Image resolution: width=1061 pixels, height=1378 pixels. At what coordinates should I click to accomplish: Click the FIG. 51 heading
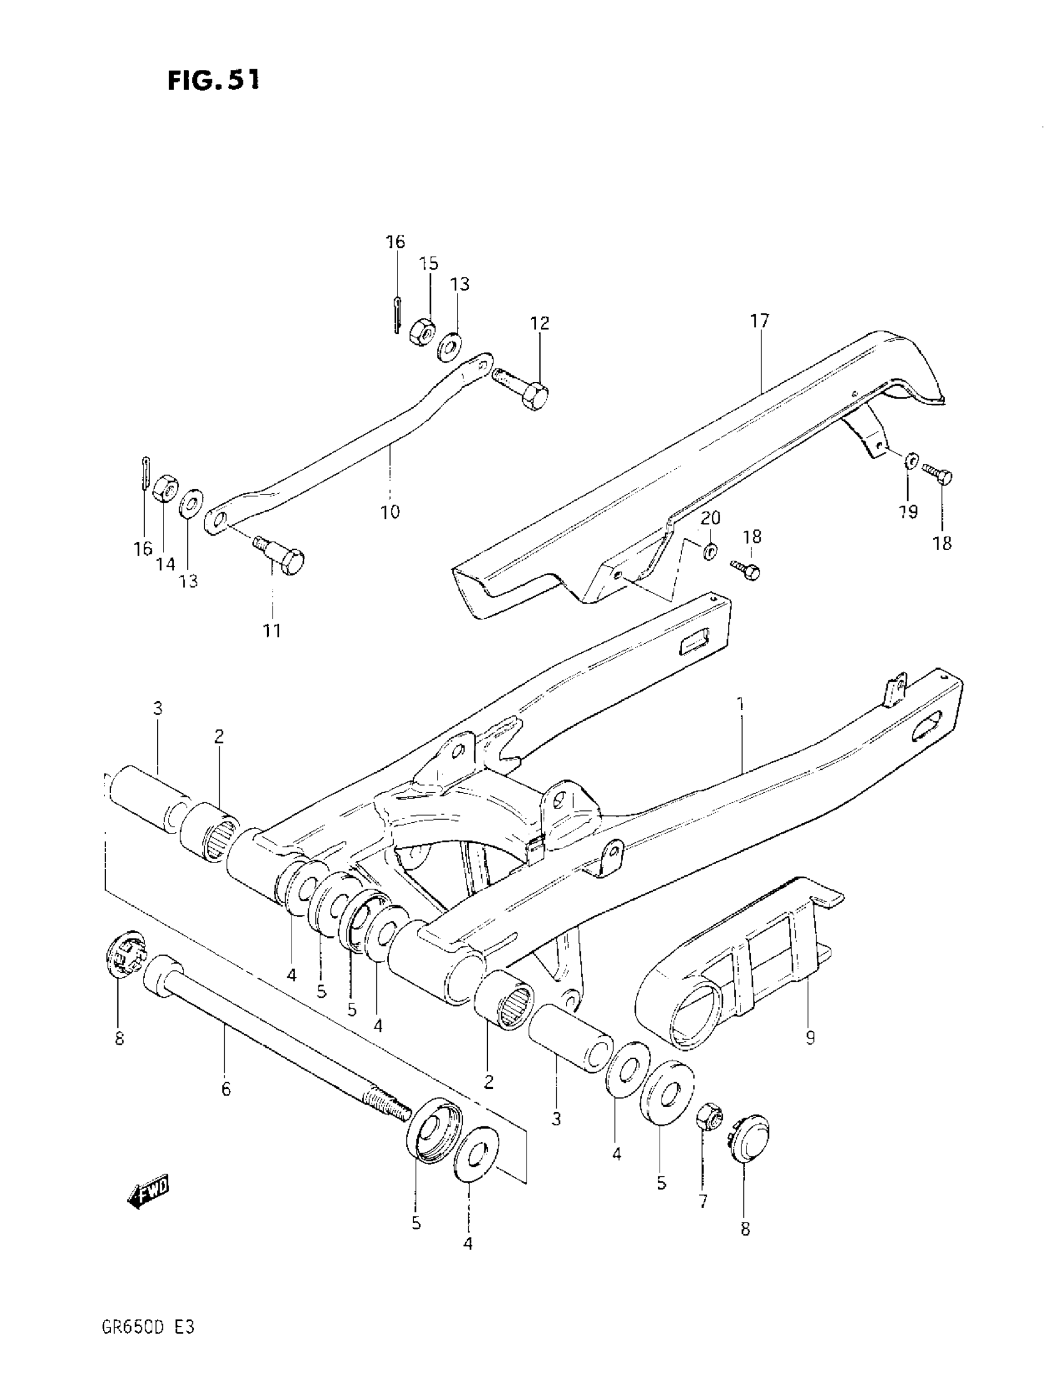(213, 80)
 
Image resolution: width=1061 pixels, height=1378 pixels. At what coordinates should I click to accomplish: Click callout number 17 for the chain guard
(760, 321)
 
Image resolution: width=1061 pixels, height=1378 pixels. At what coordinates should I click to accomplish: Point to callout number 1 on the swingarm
(741, 704)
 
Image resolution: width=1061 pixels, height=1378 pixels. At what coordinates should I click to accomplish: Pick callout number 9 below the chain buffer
(810, 1036)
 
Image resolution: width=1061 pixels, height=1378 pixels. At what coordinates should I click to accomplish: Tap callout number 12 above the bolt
(539, 323)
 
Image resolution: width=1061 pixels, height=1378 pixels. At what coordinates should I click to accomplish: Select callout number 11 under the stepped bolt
(272, 631)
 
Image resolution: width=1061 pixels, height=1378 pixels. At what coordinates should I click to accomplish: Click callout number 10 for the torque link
(390, 511)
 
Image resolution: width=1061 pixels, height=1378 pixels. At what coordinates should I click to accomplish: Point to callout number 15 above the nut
(429, 263)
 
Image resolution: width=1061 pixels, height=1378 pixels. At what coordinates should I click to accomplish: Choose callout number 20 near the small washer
(710, 518)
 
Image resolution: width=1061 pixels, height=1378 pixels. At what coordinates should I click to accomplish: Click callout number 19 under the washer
(908, 512)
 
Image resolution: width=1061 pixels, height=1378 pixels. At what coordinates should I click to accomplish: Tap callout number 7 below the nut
(703, 1201)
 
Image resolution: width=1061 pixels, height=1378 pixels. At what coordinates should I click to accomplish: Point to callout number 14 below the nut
(166, 563)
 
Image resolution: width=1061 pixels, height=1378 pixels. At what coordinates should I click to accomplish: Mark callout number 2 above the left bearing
(218, 736)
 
